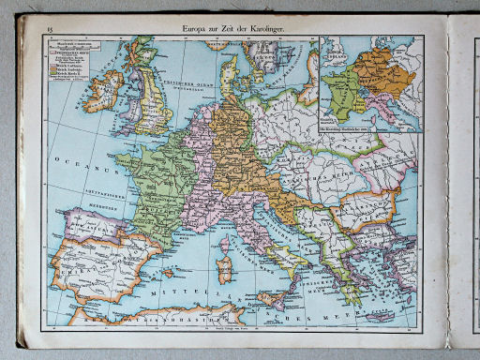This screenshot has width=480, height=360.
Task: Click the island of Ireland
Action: point(103,92)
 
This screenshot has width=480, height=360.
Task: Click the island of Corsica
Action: point(225,247)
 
